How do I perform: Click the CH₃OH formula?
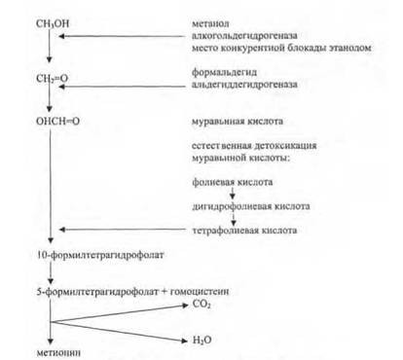(53, 23)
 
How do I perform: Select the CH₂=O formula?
(52, 79)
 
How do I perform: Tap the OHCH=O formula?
(57, 122)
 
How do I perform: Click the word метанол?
(210, 23)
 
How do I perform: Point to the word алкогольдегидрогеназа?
(244, 36)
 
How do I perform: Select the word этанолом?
(350, 48)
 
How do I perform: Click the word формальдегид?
(224, 72)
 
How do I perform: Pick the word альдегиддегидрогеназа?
(244, 85)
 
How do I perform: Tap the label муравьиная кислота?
(238, 122)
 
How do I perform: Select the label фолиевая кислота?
(233, 182)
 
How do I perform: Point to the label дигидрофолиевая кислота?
(251, 206)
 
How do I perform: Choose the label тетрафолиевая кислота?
(244, 231)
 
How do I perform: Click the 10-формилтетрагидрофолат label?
(100, 255)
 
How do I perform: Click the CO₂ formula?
(201, 305)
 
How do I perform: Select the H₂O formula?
(201, 340)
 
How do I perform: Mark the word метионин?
(58, 352)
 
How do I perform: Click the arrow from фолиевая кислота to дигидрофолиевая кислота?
(233, 194)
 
